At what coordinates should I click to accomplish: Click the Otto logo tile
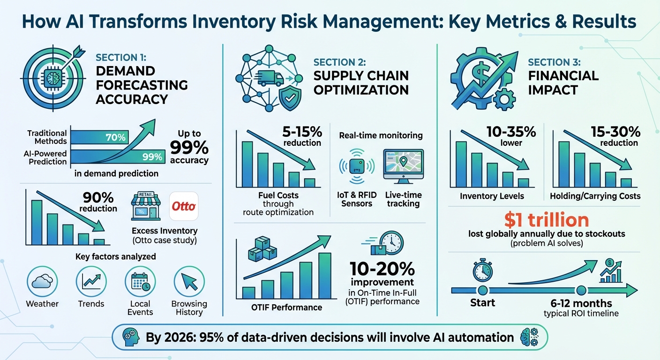point(184,206)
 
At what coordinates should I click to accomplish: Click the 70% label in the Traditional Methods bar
point(115,137)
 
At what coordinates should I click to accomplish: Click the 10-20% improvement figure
point(382,269)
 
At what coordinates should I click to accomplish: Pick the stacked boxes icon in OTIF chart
point(262,248)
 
